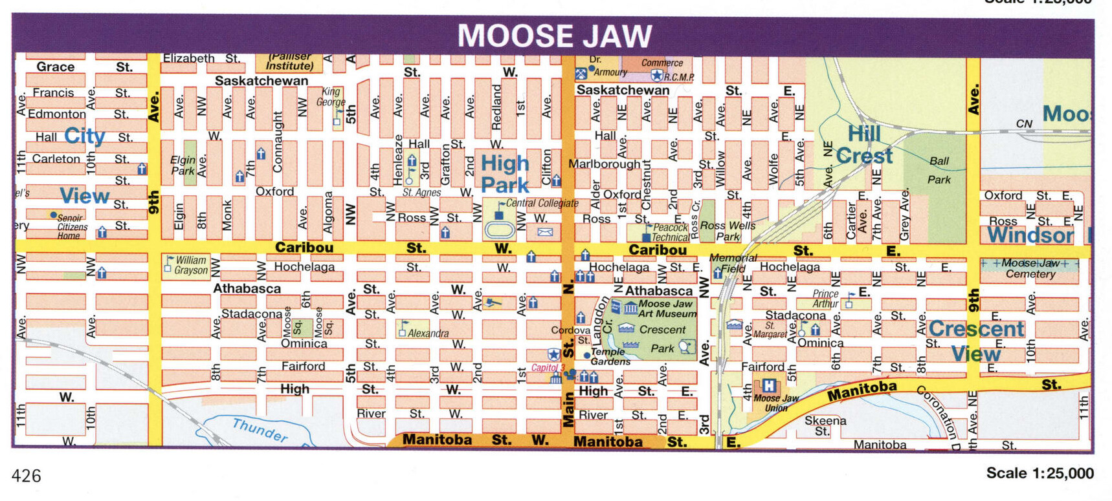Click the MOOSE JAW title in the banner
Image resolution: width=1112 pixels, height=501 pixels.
(555, 36)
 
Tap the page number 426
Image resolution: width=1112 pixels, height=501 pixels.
(27, 476)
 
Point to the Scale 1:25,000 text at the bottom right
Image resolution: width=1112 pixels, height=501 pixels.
(1040, 473)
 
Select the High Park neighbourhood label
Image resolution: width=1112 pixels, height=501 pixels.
(505, 174)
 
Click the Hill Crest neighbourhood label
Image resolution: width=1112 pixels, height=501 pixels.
(864, 145)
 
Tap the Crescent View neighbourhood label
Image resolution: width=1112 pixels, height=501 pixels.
(976, 341)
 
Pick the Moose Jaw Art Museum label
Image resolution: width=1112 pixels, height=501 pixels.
(667, 308)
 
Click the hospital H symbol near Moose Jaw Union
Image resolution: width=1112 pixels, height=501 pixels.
(768, 386)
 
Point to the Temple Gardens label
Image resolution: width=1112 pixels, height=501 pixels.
(610, 356)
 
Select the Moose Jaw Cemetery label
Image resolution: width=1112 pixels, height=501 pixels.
(1030, 268)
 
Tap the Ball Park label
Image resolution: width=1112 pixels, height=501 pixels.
(939, 170)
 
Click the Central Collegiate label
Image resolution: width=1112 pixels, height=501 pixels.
(542, 203)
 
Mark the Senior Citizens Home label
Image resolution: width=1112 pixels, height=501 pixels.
(71, 227)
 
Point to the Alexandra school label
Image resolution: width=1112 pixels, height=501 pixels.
(428, 334)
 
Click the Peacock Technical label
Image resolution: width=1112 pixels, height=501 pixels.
(670, 233)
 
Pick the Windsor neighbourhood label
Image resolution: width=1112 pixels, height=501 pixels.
(1030, 235)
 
